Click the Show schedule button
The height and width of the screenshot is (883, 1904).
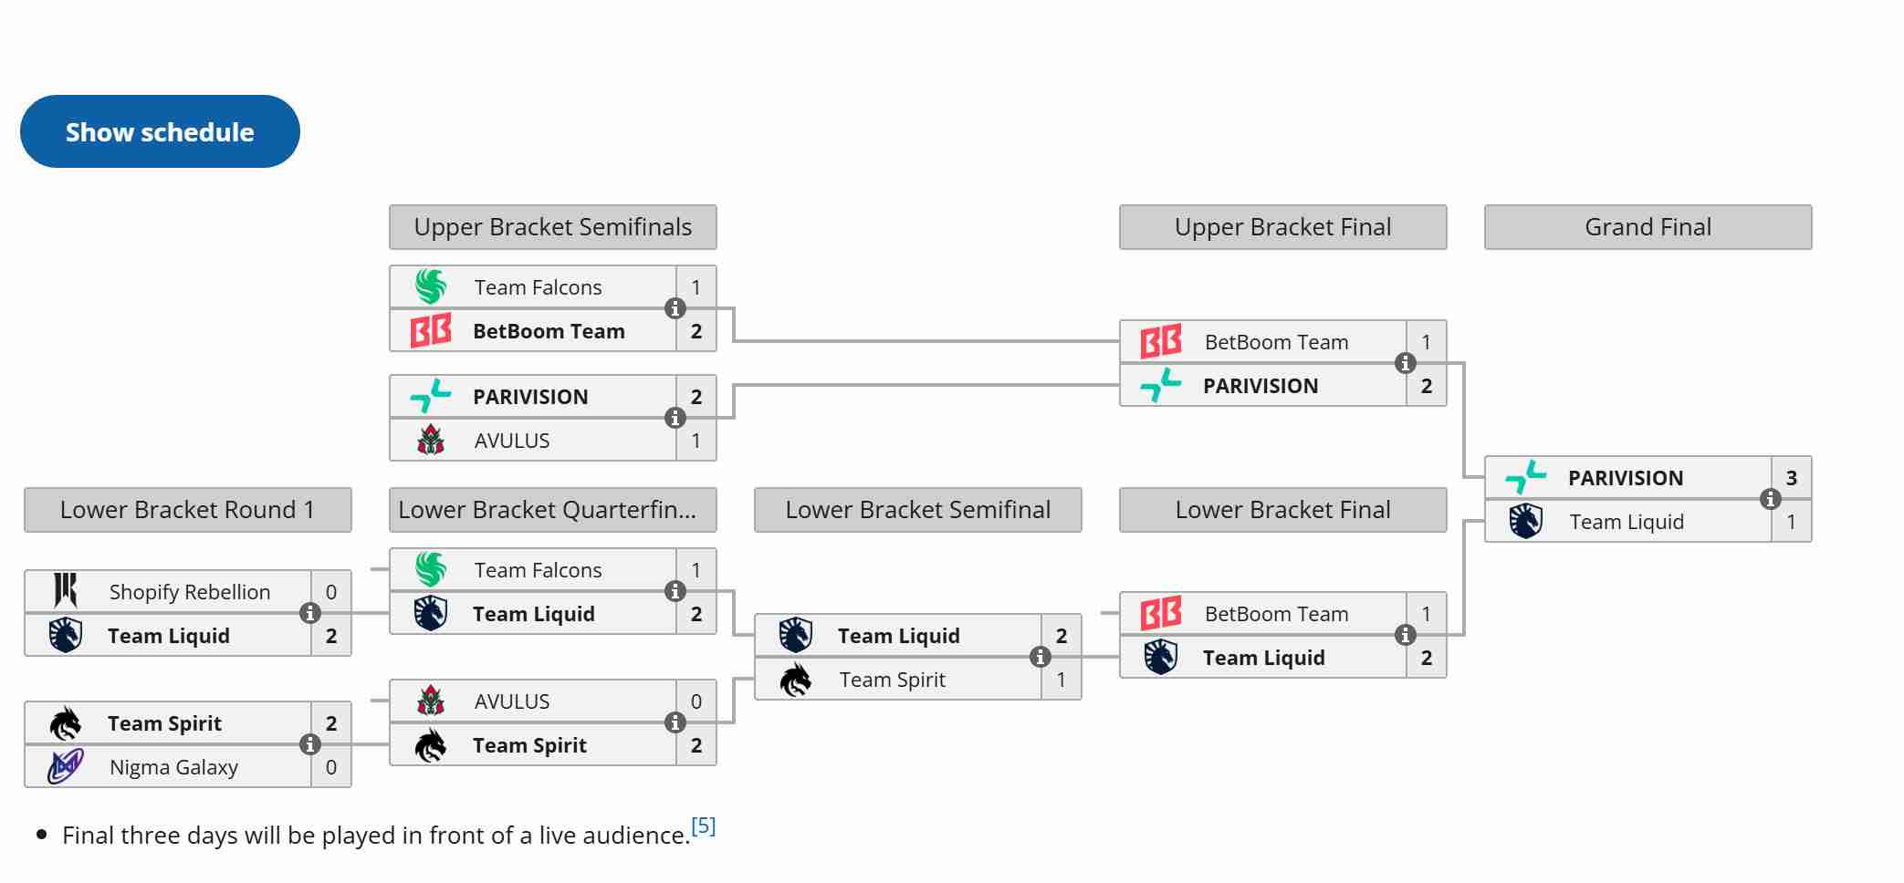click(x=160, y=131)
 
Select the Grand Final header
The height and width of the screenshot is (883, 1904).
click(x=1648, y=227)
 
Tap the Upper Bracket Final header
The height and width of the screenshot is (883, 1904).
click(x=1282, y=227)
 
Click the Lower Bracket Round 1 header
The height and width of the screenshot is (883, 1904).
click(x=187, y=510)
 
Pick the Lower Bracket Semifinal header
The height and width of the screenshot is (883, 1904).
click(x=917, y=510)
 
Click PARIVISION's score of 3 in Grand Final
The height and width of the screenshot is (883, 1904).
click(x=1791, y=478)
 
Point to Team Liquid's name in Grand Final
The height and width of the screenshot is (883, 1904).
click(x=1626, y=522)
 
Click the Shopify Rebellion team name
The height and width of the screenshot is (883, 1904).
click(x=190, y=592)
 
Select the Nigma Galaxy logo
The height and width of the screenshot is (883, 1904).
click(x=66, y=767)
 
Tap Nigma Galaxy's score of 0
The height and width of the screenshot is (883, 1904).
click(x=330, y=767)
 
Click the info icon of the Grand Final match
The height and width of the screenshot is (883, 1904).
click(x=1770, y=499)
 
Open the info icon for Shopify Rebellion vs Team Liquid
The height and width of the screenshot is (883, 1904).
click(x=309, y=613)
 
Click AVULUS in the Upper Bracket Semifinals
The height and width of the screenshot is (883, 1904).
click(x=511, y=441)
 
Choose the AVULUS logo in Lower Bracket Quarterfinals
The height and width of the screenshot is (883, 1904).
click(x=431, y=701)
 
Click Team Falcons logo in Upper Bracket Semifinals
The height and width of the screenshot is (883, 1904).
click(x=431, y=287)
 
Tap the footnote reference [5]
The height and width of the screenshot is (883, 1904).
click(x=703, y=826)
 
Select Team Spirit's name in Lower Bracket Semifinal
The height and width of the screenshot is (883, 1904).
click(x=892, y=680)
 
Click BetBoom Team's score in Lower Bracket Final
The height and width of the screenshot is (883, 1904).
click(x=1426, y=614)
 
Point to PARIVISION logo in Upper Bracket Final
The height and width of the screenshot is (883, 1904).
click(x=1160, y=386)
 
